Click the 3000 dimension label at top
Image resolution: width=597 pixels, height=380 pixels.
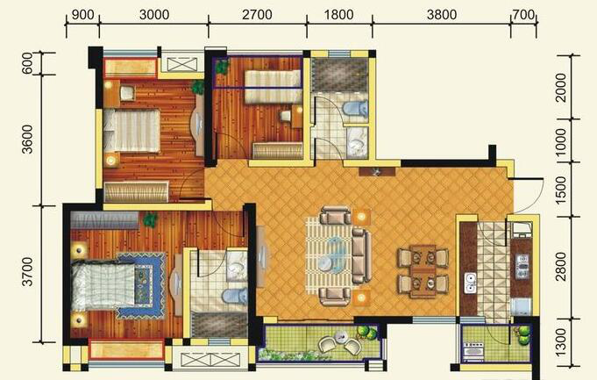coord(154,15)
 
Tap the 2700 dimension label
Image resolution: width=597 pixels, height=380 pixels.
coord(258,15)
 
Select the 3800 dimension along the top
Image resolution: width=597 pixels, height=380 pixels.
coord(442,15)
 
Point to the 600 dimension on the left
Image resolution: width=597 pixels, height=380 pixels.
coord(28,63)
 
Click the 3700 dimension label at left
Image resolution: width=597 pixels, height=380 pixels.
coord(28,272)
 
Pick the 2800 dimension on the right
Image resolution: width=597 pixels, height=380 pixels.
coord(561,267)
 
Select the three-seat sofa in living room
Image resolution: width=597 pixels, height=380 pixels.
coord(361,255)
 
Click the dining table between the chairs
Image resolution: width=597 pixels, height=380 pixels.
coord(423,270)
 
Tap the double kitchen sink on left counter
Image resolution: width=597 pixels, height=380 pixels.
coord(471,283)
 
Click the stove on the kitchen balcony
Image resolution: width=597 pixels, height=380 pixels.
coord(473,350)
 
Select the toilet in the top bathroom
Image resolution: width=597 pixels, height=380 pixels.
coord(354,108)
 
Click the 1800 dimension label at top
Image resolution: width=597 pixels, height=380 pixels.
coord(339,15)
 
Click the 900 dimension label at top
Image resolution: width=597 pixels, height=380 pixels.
coord(82,15)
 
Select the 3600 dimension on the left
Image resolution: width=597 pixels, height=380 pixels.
coord(28,140)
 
